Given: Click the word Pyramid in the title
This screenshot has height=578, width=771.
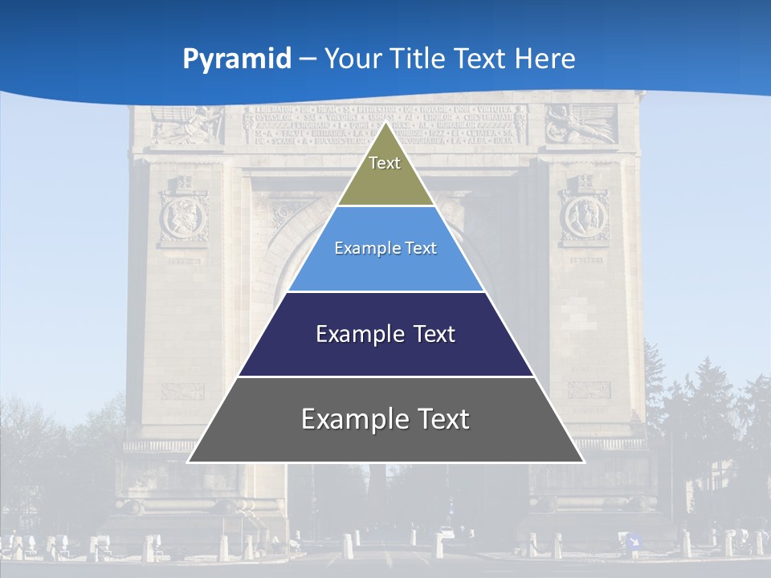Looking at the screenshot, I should [237, 59].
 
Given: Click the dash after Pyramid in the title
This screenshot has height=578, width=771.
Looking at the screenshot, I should [307, 59].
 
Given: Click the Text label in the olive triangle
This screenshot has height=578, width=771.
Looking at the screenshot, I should [385, 163].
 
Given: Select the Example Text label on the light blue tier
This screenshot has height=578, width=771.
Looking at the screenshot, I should [385, 248].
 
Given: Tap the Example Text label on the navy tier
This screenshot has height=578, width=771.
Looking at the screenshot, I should [385, 334].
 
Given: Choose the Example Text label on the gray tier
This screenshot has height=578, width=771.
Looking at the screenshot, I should [385, 419].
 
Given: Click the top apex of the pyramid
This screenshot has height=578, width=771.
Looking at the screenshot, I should [385, 122].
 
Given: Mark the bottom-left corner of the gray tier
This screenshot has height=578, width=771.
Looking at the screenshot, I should [188, 462].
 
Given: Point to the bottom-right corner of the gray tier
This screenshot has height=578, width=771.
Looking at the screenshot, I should [584, 462].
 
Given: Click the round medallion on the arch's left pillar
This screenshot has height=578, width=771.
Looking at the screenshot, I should [184, 217].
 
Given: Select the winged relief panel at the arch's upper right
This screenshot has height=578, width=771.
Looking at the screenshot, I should [581, 124].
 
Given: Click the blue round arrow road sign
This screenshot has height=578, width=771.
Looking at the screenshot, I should [633, 541].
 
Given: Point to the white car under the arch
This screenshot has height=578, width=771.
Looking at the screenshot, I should [447, 532].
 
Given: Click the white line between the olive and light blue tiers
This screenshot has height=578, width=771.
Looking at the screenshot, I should [385, 206].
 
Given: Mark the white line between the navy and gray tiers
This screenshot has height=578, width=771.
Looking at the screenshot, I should [385, 377].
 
